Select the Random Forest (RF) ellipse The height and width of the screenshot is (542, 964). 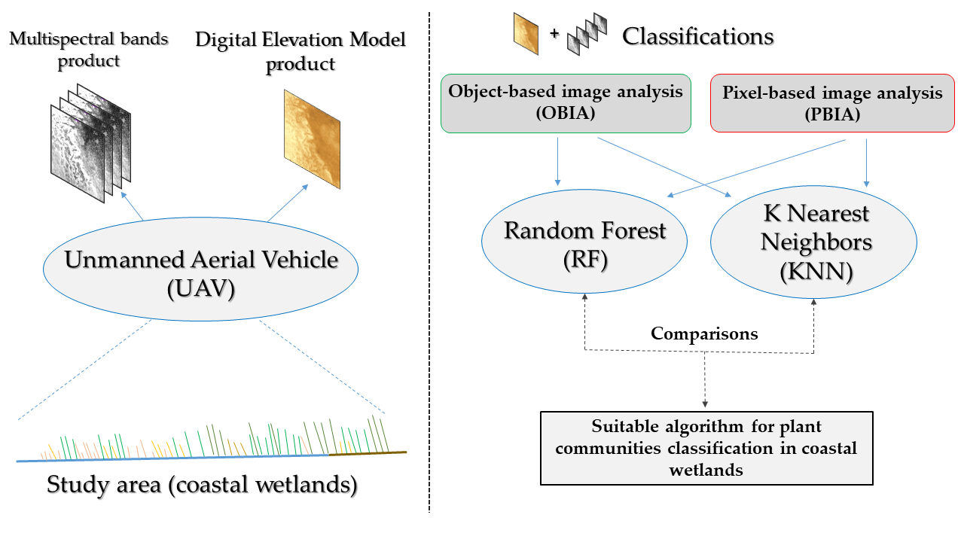coord(584,240)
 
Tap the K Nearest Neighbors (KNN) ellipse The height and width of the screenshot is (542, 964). coord(814,242)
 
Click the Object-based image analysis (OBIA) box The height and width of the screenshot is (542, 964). coord(566,103)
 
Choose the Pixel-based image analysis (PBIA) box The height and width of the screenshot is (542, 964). coord(832,103)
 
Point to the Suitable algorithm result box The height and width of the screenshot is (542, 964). coord(706,448)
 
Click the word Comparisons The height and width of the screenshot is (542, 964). coord(704,333)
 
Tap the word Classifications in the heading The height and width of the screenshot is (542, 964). coord(697,35)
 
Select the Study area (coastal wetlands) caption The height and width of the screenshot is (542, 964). coord(202,484)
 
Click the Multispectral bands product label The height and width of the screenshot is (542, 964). coord(89,49)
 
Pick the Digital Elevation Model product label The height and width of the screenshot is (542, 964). coord(300,51)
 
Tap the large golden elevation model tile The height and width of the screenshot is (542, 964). coord(312,139)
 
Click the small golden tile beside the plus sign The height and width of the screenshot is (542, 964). coord(526,35)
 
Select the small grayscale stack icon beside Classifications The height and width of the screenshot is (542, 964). coord(586,35)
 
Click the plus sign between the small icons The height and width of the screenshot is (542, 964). coord(555,35)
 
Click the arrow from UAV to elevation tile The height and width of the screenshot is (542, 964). coord(288,202)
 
